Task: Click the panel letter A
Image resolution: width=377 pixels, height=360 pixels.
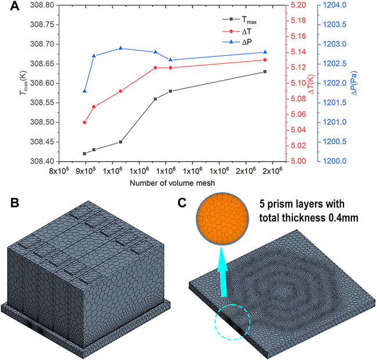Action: click(x=9, y=8)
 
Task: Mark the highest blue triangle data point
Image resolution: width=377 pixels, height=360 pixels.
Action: click(x=120, y=48)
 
